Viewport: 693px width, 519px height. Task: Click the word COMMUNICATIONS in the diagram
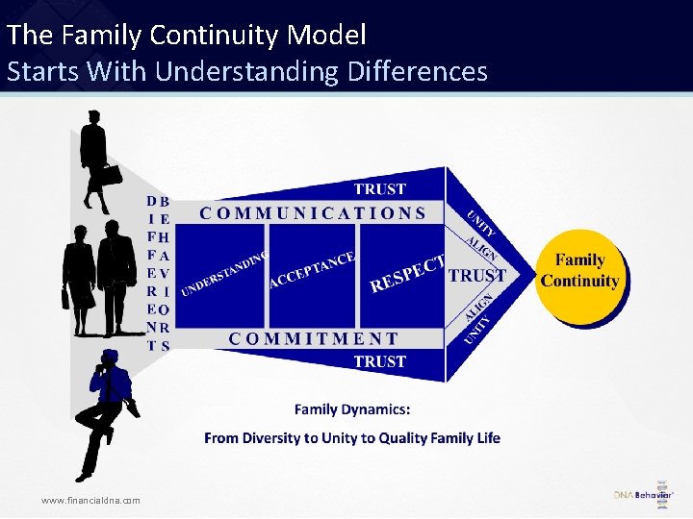[313, 213]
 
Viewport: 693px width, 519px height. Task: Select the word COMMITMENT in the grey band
[313, 338]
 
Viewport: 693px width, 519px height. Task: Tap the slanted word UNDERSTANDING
[223, 273]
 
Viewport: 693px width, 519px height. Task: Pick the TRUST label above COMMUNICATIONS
[379, 189]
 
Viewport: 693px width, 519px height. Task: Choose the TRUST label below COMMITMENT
[379, 361]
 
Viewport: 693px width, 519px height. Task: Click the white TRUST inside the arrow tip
[477, 276]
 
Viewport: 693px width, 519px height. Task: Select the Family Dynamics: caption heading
[352, 409]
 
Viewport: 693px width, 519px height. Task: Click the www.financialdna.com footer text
[90, 500]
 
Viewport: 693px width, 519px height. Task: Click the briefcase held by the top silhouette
[112, 174]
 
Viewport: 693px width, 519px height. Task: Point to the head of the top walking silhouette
[94, 117]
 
